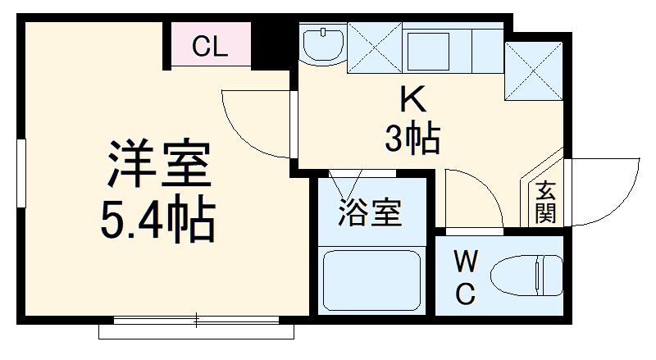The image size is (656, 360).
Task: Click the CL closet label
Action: pos(210,47)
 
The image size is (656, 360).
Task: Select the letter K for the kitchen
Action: pos(412,101)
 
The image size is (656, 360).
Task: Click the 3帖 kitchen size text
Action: pos(412,139)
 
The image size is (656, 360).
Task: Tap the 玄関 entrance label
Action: pos(546,203)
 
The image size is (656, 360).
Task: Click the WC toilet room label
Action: pos(465,279)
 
